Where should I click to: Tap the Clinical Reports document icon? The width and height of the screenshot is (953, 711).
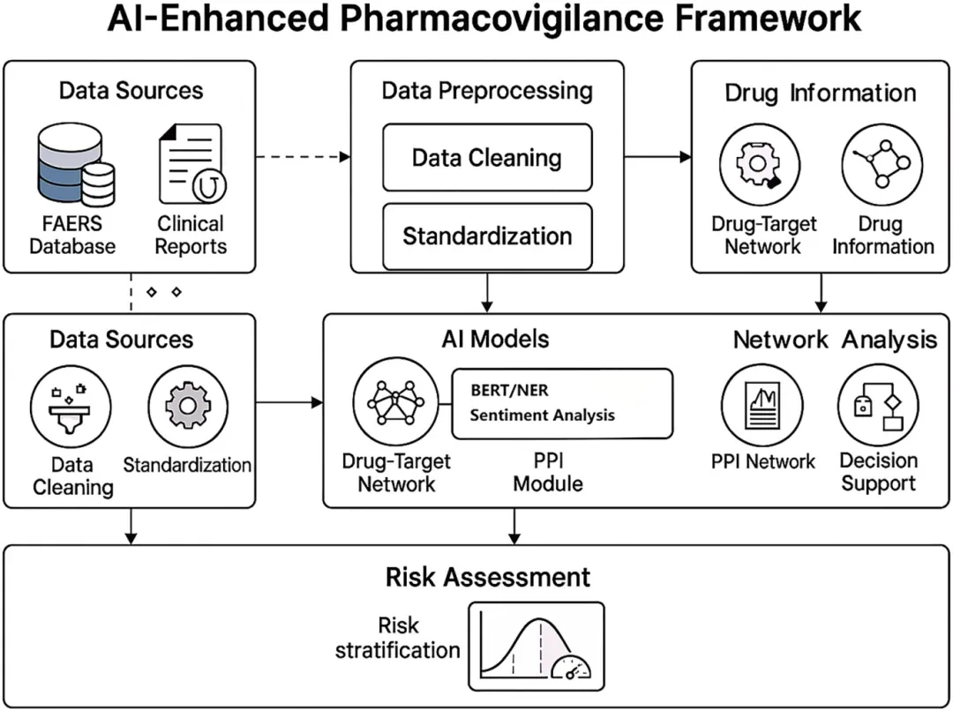click(x=191, y=165)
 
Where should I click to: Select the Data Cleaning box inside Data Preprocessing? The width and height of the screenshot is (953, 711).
click(x=486, y=158)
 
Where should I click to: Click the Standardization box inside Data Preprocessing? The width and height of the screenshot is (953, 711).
click(x=487, y=236)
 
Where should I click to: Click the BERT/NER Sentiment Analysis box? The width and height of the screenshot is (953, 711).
click(x=562, y=403)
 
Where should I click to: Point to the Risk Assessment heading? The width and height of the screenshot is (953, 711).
click(x=487, y=577)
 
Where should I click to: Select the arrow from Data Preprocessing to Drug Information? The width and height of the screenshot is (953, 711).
click(x=657, y=158)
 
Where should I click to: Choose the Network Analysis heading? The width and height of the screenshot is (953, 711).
click(x=835, y=340)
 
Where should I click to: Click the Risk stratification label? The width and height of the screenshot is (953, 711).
click(x=398, y=639)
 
